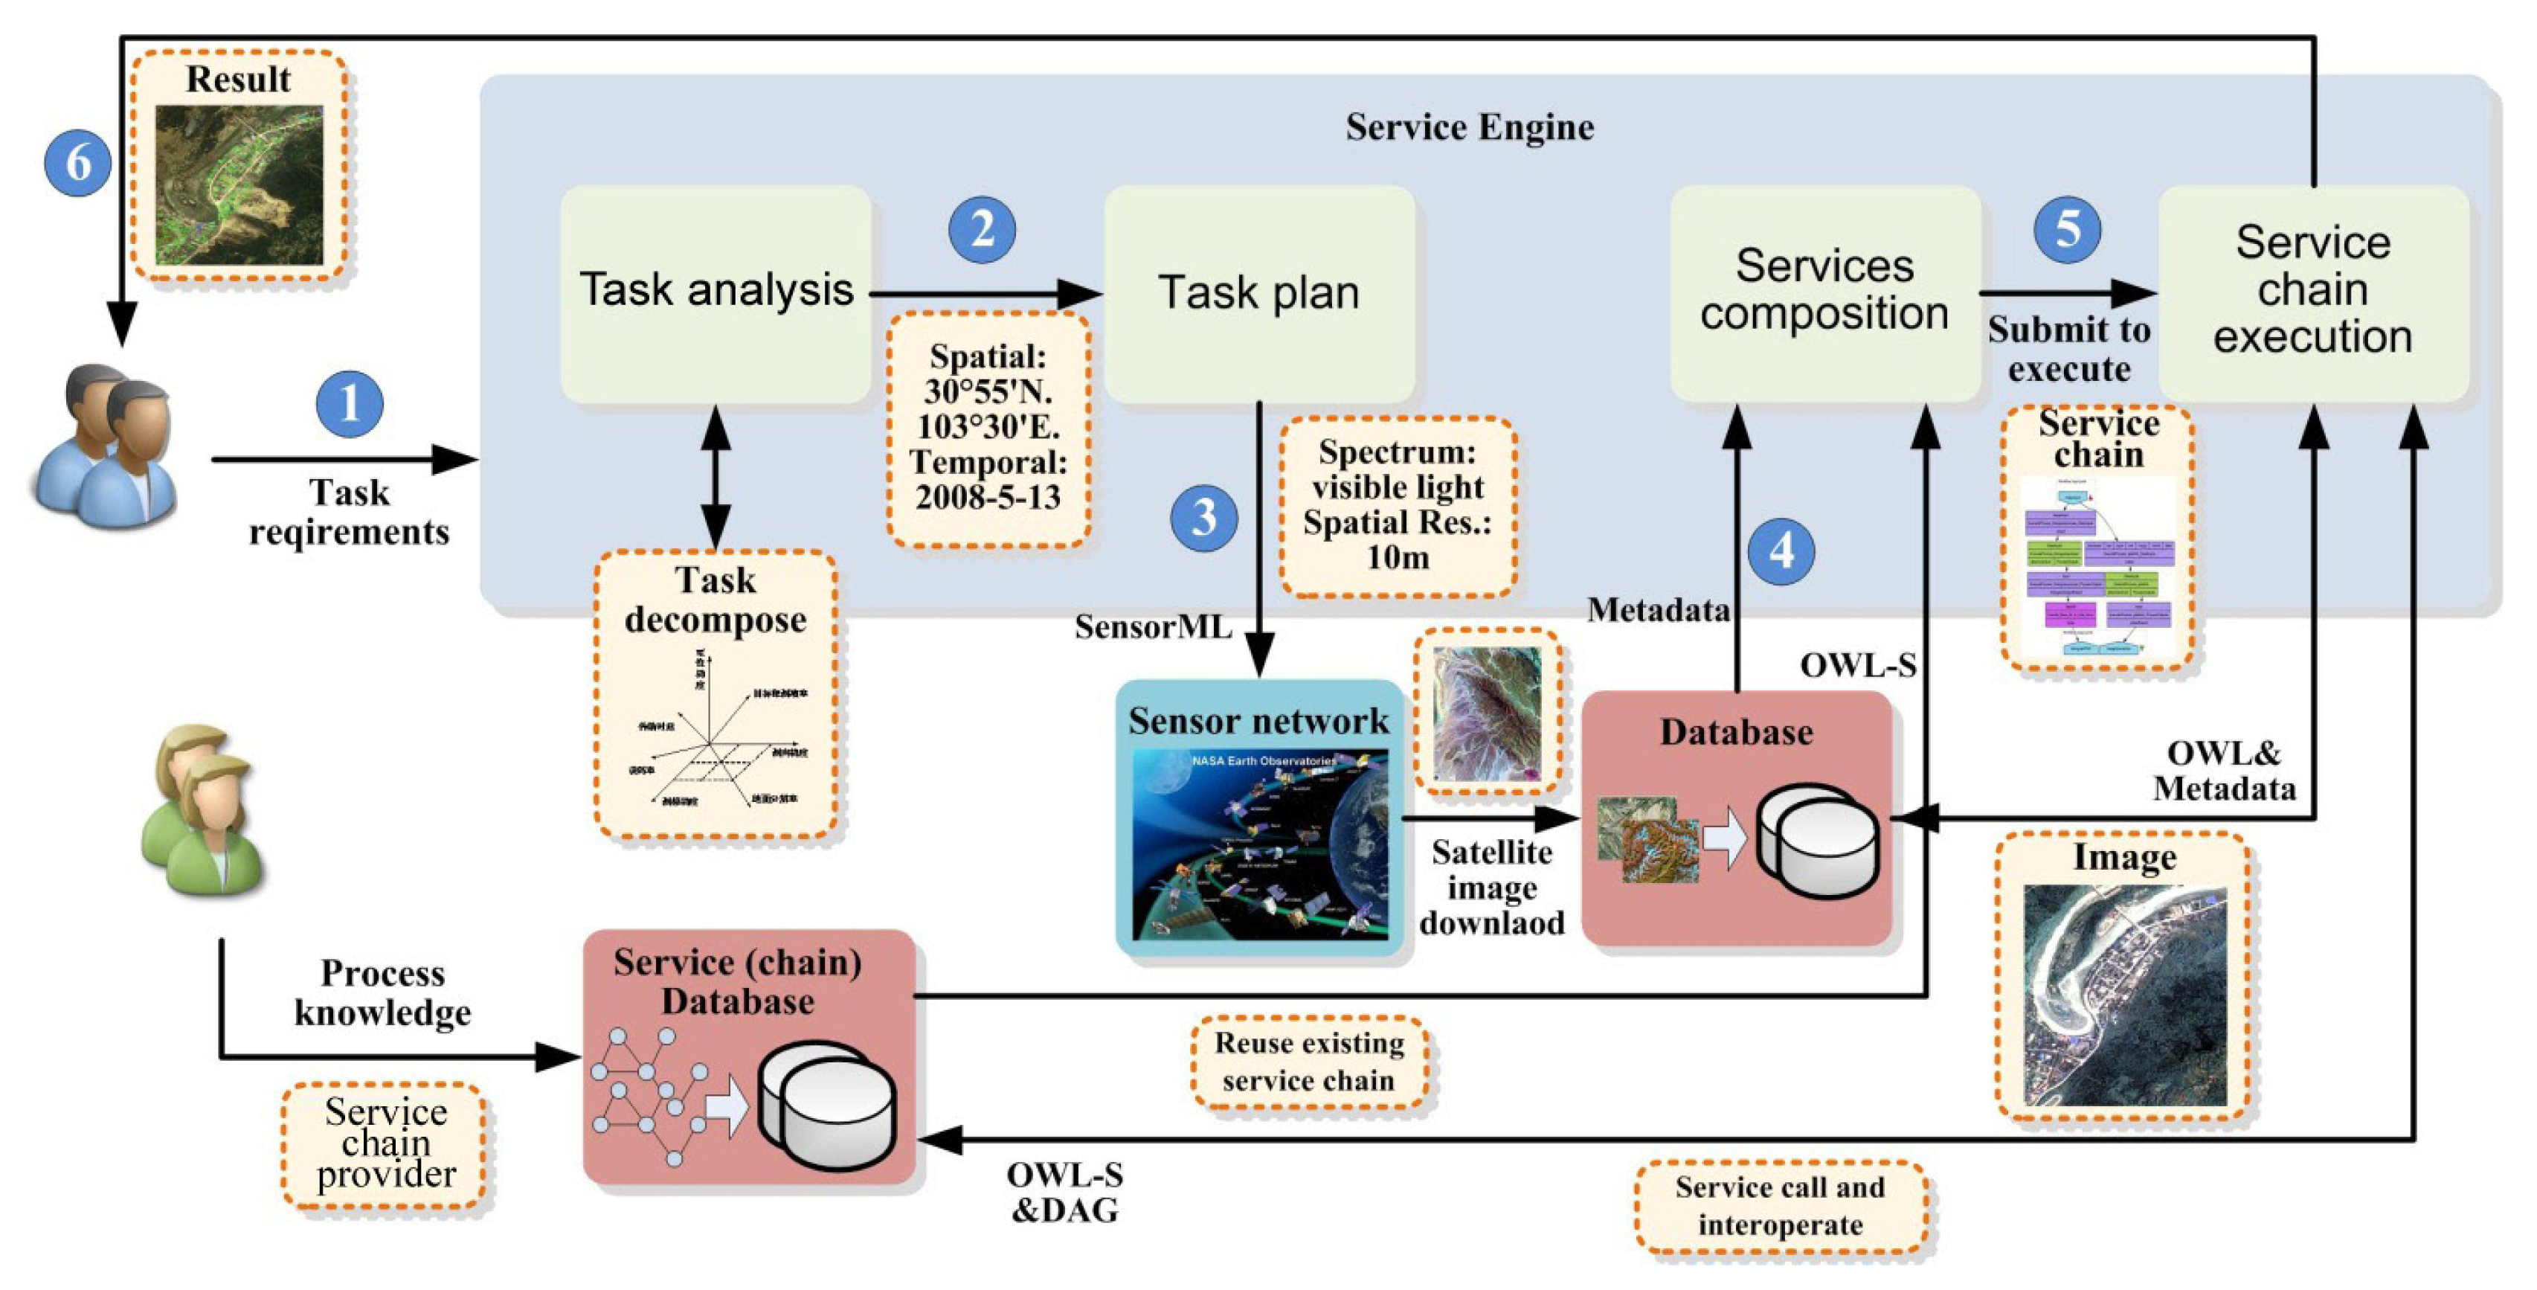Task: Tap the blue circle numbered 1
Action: tap(350, 404)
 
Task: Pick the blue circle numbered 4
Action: tap(1781, 551)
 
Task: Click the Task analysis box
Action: tap(716, 292)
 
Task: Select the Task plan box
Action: tap(1258, 293)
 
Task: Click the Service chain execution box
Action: tap(2312, 292)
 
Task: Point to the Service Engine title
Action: tap(1470, 128)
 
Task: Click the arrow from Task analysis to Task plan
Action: tap(985, 293)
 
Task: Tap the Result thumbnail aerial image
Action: tap(239, 185)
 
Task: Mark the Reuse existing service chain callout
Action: tap(1309, 1062)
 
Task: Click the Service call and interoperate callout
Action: tap(1780, 1206)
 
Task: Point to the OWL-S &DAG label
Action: tap(1064, 1193)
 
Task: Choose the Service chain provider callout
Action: tap(385, 1144)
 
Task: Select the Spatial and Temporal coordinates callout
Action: tap(988, 427)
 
